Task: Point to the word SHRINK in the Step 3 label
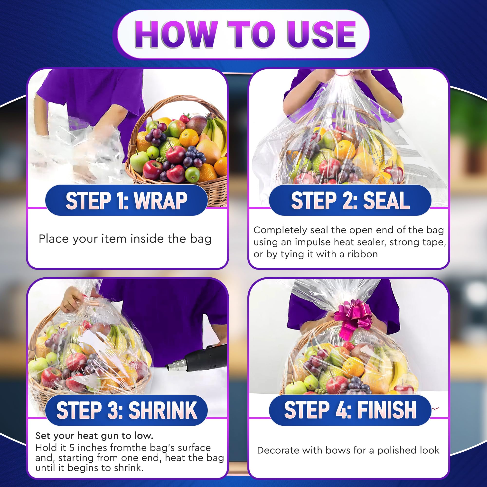click(163, 410)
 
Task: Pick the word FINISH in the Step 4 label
click(387, 410)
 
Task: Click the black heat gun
click(197, 358)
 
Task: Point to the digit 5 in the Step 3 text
click(72, 448)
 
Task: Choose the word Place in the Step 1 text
click(53, 239)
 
